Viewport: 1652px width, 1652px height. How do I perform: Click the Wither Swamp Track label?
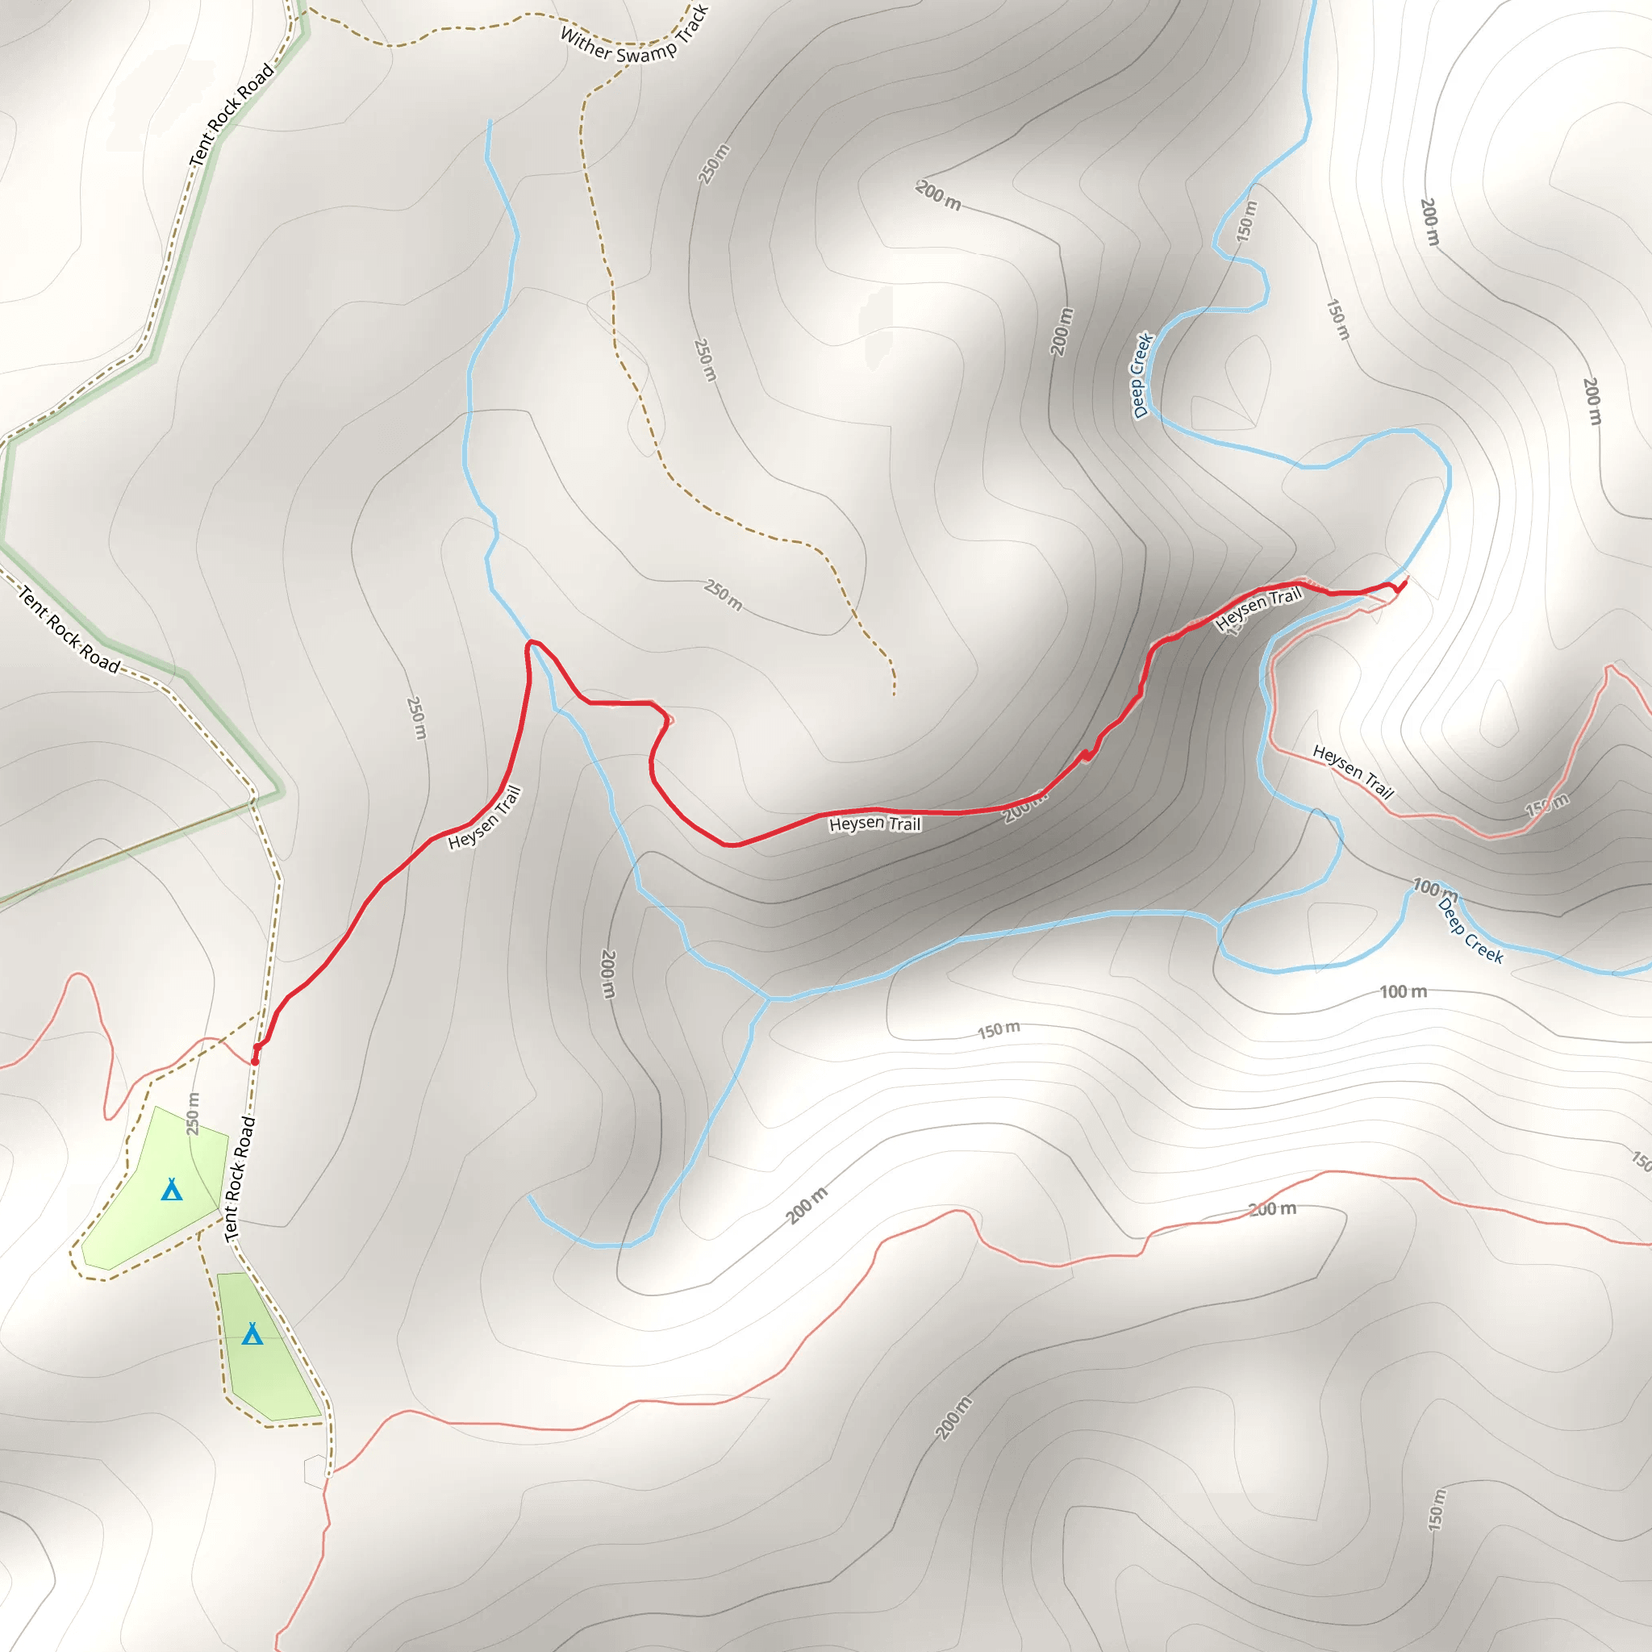[x=635, y=37]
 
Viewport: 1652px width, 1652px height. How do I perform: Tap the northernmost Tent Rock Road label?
[x=232, y=115]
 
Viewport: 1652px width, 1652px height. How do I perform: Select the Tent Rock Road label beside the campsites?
[x=240, y=1179]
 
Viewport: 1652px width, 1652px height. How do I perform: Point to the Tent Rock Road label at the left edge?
[x=69, y=629]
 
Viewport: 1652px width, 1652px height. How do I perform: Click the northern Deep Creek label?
[x=1142, y=375]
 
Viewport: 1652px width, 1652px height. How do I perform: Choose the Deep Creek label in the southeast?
[x=1470, y=929]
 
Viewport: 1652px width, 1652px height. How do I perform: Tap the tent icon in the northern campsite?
[x=172, y=1190]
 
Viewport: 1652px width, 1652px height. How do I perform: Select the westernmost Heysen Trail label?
[x=484, y=817]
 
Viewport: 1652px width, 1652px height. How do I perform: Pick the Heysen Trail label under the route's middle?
[x=874, y=824]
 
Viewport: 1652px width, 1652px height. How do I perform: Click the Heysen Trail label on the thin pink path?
[x=1353, y=770]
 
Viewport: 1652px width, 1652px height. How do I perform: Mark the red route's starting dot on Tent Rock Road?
[x=255, y=1060]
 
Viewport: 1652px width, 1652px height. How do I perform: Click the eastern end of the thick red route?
[x=1404, y=584]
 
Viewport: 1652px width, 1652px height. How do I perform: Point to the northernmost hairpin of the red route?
[x=532, y=642]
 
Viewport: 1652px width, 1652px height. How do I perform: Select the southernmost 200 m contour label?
[x=953, y=1419]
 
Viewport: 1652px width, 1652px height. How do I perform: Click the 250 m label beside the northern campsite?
[x=194, y=1113]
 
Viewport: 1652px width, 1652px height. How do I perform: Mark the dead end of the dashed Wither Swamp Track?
[x=895, y=695]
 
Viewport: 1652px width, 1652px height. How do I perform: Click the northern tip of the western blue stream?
[x=490, y=122]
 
